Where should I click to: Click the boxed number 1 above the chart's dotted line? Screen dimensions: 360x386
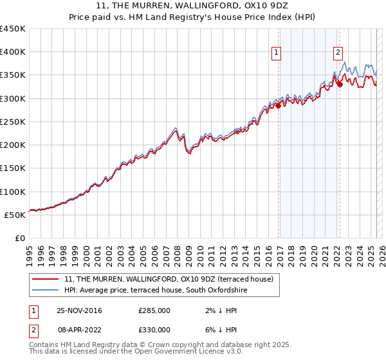pos(276,53)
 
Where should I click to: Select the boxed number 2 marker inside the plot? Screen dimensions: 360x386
pos(338,53)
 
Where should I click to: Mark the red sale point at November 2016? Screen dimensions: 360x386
pos(279,105)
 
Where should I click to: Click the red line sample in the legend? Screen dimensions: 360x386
pos(45,279)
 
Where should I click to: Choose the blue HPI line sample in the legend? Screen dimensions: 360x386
pos(45,291)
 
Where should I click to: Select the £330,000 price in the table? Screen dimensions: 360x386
pos(154,330)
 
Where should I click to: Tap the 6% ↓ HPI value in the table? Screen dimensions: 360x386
pos(216,330)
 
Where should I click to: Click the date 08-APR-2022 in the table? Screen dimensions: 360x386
pos(79,330)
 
